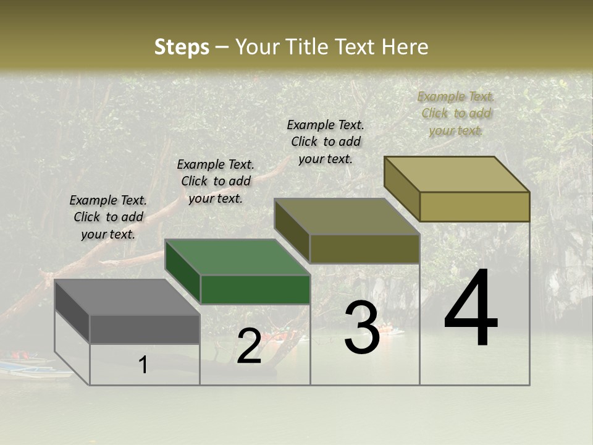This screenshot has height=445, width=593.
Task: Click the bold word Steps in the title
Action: (182, 47)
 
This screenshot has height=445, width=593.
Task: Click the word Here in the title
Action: (405, 47)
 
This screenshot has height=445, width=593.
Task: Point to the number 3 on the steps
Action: (361, 328)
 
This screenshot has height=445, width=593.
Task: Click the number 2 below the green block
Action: (249, 346)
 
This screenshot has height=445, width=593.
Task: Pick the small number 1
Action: (143, 365)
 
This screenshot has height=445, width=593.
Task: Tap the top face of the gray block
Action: (127, 297)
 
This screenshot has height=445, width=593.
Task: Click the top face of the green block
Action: (237, 257)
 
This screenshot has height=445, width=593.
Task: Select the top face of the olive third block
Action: (347, 216)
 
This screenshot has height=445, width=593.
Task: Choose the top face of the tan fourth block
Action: (456, 174)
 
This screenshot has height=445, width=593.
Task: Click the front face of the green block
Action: (255, 289)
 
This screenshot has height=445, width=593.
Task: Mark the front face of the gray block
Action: (145, 329)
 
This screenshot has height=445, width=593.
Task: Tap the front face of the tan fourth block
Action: (474, 206)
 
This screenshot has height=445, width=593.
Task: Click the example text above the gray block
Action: (108, 217)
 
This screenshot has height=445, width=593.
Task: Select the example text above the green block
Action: (216, 181)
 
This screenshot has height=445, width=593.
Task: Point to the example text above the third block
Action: (326, 142)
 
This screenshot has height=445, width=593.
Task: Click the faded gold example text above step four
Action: (456, 113)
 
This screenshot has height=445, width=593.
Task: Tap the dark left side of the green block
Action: (183, 272)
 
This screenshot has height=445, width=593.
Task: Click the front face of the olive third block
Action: (364, 248)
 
